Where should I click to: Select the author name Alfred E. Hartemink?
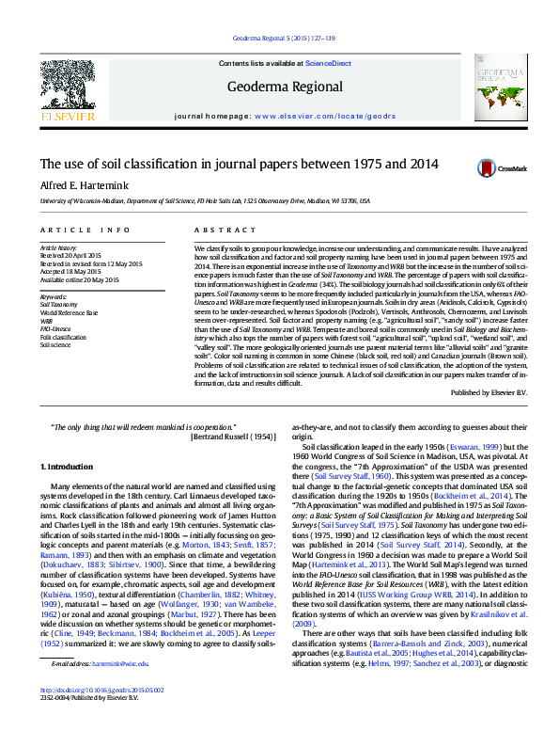[85, 184]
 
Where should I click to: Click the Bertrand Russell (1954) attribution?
[230, 437]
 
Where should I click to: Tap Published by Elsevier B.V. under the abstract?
[491, 390]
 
